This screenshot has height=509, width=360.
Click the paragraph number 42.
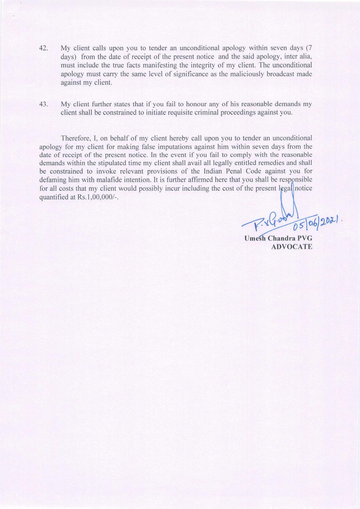point(44,48)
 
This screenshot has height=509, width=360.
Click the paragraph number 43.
point(44,104)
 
